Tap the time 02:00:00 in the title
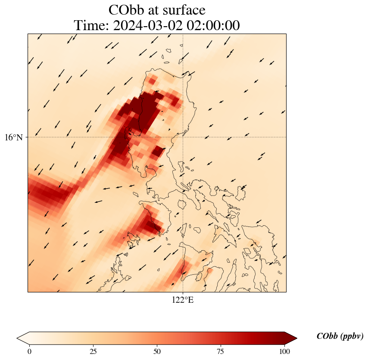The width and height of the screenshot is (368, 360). coord(212,26)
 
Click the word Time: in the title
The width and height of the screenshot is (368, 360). coord(92,26)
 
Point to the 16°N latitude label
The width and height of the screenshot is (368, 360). coord(14,137)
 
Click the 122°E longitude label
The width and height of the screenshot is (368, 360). coord(183,300)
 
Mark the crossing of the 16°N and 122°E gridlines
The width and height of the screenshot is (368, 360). coord(183,137)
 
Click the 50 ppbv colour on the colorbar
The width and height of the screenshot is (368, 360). coord(157,338)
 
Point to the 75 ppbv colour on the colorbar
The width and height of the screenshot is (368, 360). coord(220,338)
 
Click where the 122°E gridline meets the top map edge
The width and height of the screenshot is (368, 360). coord(183,34)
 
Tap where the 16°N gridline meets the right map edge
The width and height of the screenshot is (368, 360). coord(286,137)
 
